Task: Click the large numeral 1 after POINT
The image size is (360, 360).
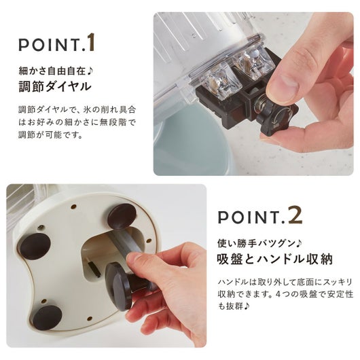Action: click(91, 43)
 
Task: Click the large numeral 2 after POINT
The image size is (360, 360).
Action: click(295, 215)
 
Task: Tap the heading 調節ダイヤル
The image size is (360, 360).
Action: click(55, 87)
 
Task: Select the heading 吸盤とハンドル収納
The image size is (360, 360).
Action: click(274, 259)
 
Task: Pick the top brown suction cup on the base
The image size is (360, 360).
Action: click(122, 215)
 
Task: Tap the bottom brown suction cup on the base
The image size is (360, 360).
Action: click(48, 317)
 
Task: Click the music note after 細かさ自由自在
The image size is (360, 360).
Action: click(90, 71)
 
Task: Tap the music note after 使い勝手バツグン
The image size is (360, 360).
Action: click(298, 243)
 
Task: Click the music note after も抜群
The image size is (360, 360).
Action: click(246, 306)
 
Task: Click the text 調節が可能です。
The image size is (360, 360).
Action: click(51, 134)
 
